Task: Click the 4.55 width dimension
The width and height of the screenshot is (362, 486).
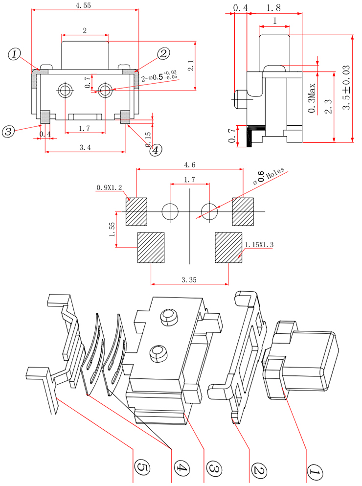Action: (83, 5)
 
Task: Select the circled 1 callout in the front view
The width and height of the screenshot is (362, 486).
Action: (15, 54)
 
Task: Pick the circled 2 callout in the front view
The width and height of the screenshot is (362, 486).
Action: (164, 53)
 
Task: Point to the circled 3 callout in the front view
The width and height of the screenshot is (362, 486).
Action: (8, 131)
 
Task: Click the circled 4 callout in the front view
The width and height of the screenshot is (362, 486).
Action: (155, 150)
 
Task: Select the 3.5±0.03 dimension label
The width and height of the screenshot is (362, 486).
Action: (347, 88)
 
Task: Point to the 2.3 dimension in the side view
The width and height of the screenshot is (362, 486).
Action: (329, 106)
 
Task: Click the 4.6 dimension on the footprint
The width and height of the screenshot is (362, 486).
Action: (189, 165)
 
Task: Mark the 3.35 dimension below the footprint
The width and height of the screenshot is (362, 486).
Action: (189, 280)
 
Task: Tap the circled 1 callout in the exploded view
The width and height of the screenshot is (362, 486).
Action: (314, 472)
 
